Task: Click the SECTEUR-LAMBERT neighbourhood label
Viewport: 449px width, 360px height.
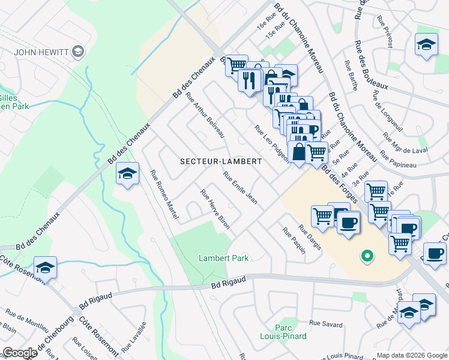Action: click(221, 161)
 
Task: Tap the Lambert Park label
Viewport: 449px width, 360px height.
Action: click(223, 258)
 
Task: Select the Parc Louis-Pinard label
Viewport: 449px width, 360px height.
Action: click(282, 332)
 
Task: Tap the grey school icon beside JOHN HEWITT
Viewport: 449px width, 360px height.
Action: click(77, 52)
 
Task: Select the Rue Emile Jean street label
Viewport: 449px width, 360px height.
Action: click(240, 188)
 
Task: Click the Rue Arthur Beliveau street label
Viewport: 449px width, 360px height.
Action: click(205, 115)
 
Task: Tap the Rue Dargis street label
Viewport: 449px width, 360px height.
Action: click(310, 238)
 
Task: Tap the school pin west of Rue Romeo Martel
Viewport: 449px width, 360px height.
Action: click(127, 173)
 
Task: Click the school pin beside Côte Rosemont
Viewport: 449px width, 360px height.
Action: click(45, 267)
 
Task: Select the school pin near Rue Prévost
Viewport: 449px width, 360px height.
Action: click(426, 44)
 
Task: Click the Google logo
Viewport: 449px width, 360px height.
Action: click(20, 353)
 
